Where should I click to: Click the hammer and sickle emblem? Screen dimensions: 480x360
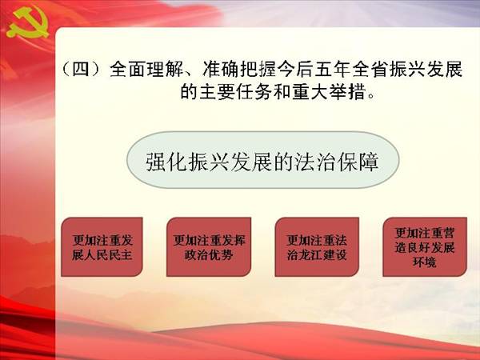pyautogui.click(x=27, y=23)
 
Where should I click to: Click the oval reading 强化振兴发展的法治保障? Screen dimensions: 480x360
pyautogui.click(x=263, y=160)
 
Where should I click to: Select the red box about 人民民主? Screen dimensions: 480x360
pyautogui.click(x=102, y=247)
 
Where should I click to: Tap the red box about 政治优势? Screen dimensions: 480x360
pyautogui.click(x=209, y=247)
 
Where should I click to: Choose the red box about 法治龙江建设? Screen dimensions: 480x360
pyautogui.click(x=317, y=247)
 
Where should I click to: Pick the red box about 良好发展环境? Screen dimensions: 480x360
pyautogui.click(x=425, y=247)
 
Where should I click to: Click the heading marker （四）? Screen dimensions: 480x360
pyautogui.click(x=81, y=70)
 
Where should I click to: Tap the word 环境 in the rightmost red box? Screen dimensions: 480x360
pyautogui.click(x=424, y=262)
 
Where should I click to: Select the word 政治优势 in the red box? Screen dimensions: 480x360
pyautogui.click(x=209, y=254)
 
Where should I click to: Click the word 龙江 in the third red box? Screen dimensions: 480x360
pyautogui.click(x=317, y=254)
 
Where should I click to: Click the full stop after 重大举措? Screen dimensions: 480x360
pyautogui.click(x=372, y=95)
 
